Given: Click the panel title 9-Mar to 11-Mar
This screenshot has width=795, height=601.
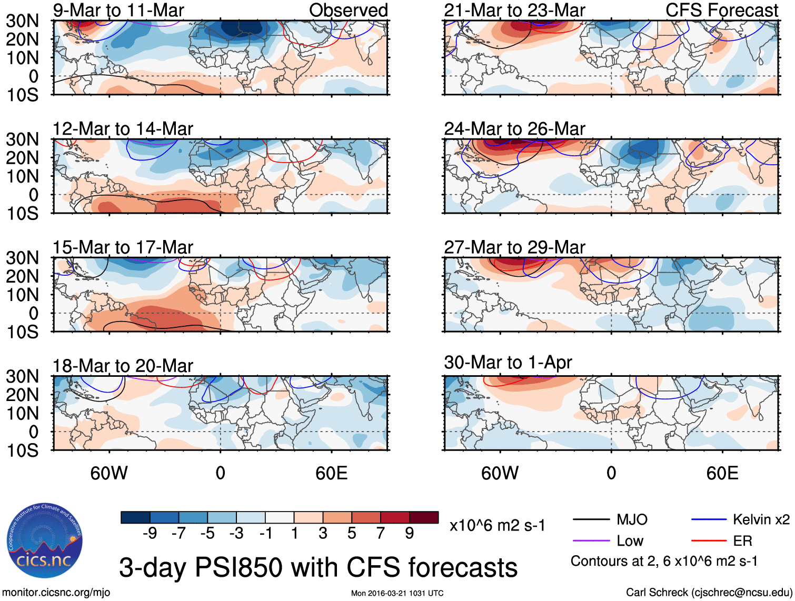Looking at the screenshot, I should [118, 10].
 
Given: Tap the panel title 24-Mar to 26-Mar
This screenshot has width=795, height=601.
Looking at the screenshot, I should [514, 128].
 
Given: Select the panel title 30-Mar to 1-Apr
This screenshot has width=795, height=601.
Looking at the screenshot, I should [508, 363].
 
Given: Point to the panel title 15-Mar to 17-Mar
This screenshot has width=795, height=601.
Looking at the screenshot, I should [123, 247].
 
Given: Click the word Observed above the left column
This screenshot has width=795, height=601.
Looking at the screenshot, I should [348, 10].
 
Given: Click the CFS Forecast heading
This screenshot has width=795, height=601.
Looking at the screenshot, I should [721, 10].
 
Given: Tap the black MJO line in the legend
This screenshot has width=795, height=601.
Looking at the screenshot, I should [591, 520].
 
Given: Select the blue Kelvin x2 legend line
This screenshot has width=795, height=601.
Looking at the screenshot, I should [709, 520].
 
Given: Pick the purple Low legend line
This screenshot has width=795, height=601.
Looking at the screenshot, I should [591, 541].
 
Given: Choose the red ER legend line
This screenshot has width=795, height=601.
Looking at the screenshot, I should [709, 541].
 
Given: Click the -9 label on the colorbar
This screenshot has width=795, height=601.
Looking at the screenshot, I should [150, 534].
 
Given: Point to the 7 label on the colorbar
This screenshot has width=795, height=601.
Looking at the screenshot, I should [381, 534].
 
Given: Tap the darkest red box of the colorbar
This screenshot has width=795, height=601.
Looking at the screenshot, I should [424, 517].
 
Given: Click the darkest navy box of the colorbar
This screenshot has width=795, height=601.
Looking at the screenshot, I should [135, 517].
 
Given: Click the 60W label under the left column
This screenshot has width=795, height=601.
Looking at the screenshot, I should [109, 473].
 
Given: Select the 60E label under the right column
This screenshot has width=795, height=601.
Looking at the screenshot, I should [722, 473].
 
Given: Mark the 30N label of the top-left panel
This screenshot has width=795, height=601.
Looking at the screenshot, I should [22, 21].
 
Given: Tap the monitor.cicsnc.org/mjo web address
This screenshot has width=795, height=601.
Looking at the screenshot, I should [56, 593].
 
